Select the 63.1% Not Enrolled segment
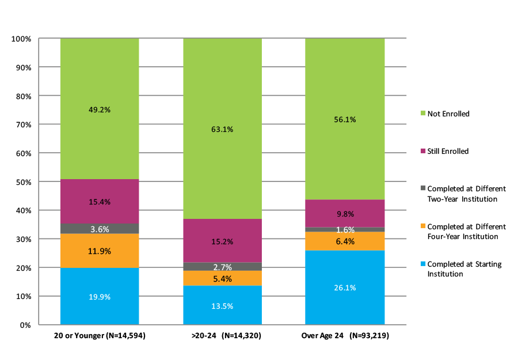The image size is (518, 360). pos(222,129)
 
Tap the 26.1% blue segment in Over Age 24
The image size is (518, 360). pos(345,287)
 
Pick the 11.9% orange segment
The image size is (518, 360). pos(100,251)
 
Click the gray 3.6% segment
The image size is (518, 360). pos(100,229)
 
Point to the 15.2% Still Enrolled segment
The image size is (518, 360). pos(222,241)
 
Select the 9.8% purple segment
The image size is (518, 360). pos(345,214)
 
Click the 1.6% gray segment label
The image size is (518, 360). pos(345,230)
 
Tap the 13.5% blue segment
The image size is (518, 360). pos(222,306)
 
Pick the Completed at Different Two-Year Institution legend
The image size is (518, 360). pos(466,194)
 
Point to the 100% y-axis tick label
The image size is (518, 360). pos(21,39)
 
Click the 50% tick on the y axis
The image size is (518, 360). pos(22,182)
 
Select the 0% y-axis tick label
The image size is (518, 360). pos(25,325)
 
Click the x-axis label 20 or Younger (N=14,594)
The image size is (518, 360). pos(99,335)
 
